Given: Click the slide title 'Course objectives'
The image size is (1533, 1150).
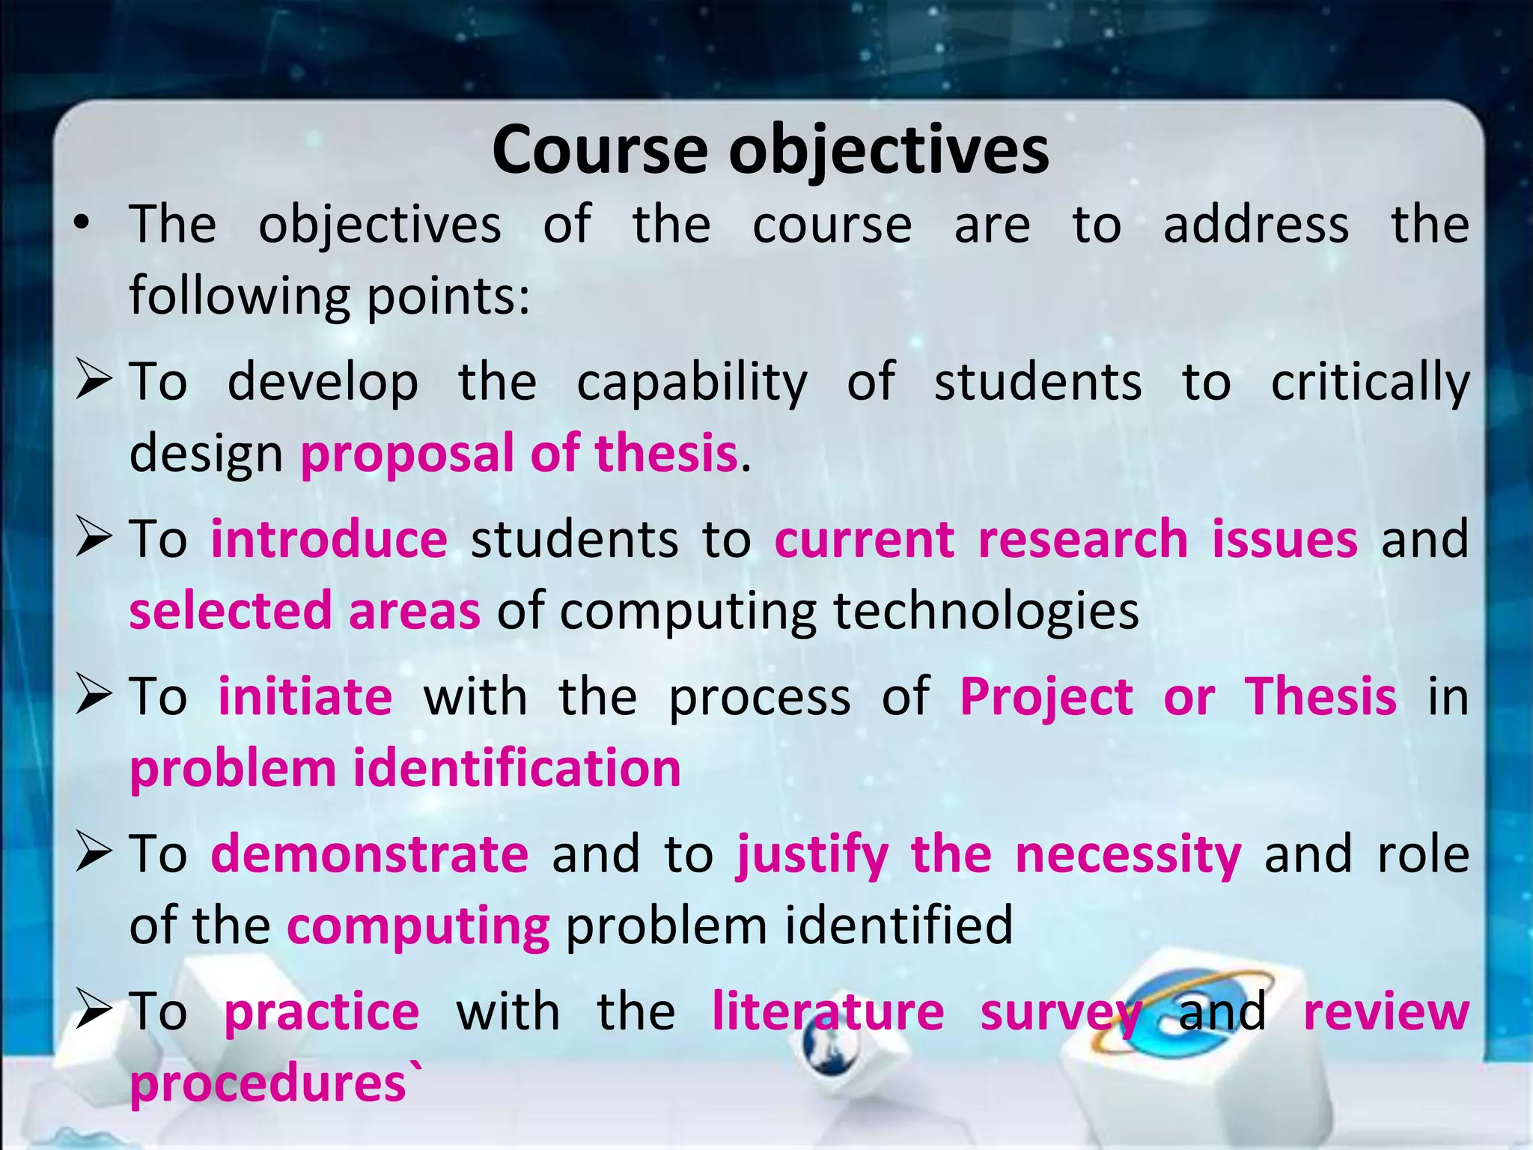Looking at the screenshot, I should [x=770, y=150].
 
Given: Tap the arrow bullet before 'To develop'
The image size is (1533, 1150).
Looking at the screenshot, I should [x=94, y=381].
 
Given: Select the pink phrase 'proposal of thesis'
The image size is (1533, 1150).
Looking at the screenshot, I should [x=519, y=454].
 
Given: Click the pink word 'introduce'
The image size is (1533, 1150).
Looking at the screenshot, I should [x=329, y=539].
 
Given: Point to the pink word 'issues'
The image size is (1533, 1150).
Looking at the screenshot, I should [x=1284, y=539].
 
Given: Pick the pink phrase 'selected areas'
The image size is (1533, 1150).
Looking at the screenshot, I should [x=305, y=611].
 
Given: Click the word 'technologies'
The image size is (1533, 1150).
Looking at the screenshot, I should [x=986, y=611].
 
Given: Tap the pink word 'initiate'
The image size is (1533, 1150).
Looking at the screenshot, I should [x=305, y=696].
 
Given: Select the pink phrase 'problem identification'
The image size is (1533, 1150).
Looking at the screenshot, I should [x=405, y=769].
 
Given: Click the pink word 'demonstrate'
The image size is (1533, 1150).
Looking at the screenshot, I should [x=370, y=854].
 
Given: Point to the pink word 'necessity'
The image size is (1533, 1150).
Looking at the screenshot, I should [x=1128, y=854].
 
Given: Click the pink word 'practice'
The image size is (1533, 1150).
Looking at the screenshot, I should [x=322, y=1011].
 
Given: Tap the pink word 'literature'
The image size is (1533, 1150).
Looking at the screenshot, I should [x=828, y=1011].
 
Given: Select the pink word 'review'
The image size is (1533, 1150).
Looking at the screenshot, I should [x=1386, y=1011].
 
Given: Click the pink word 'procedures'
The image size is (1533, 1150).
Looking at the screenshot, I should [x=268, y=1083].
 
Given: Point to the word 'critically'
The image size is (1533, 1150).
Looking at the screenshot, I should [x=1370, y=383].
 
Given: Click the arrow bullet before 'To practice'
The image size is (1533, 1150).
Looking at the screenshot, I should [x=94, y=1011].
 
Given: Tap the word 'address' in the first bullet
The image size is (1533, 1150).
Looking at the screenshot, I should [x=1256, y=224].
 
